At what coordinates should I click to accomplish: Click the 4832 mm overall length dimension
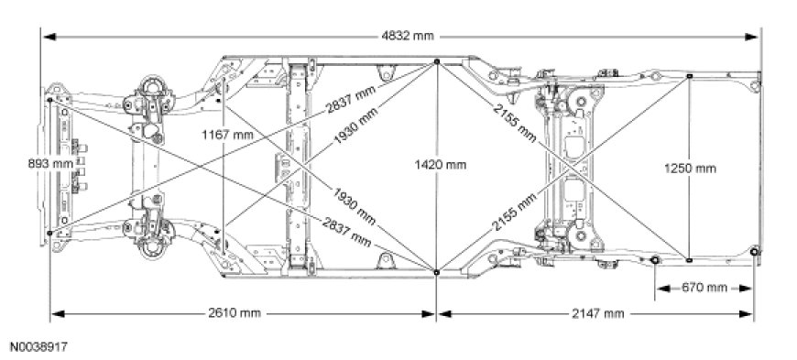408,36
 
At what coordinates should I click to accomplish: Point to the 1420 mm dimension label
440,165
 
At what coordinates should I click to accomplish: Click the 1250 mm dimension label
690,169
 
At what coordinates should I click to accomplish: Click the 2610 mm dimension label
235,313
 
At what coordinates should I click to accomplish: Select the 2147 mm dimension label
597,313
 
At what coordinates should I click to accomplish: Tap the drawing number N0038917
38,347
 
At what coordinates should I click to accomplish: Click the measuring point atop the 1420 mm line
437,61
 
